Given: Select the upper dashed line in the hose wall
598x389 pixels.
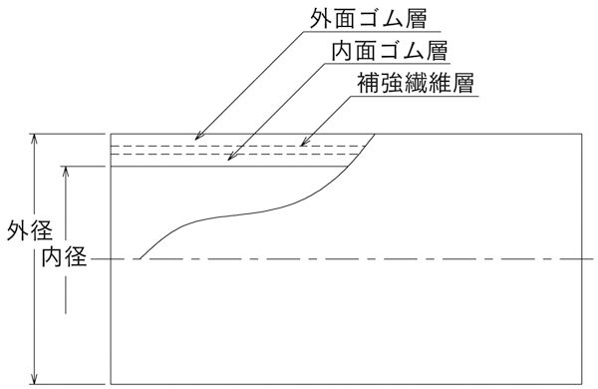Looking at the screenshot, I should pyautogui.click(x=239, y=146).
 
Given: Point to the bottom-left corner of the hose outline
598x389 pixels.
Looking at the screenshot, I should pyautogui.click(x=111, y=382).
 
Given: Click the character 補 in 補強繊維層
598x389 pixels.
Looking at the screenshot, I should pyautogui.click(x=367, y=82).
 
